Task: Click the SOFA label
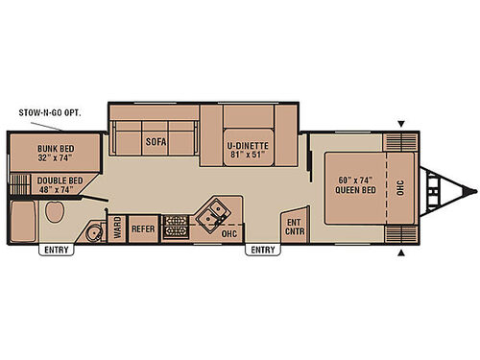pos(156,142)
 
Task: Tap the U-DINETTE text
pos(249,145)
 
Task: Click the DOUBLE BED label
pos(60,185)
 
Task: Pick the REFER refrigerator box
pos(143,228)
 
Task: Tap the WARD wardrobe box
pos(117,228)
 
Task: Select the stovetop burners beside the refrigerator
pos(177,228)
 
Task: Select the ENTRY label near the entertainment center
pos(263,251)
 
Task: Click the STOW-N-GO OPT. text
pos(50,112)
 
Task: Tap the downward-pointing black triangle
pos(400,122)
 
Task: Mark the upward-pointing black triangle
pos(400,252)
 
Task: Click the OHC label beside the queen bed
pos(400,186)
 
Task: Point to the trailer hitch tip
pos(471,187)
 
